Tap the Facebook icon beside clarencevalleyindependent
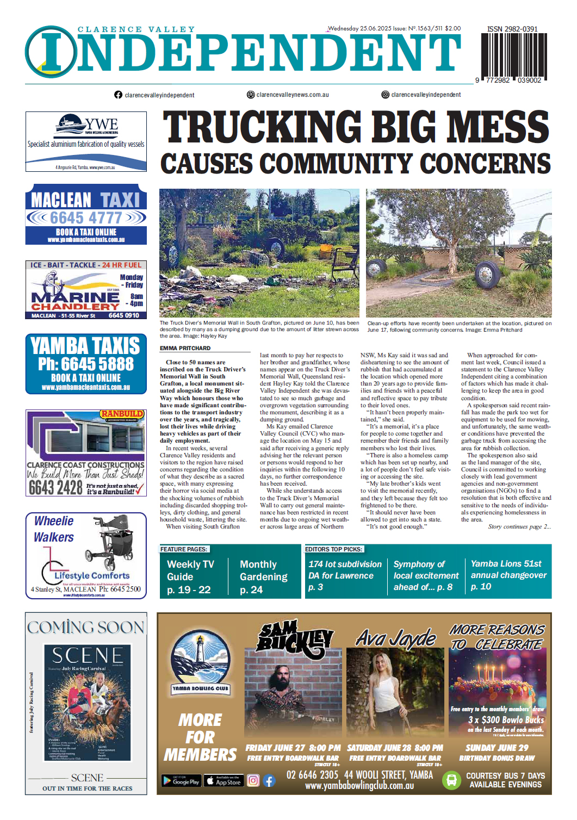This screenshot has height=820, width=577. click(118, 95)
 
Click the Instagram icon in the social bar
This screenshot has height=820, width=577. click(385, 95)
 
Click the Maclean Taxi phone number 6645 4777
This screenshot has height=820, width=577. click(86, 218)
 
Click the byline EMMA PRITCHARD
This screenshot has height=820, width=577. click(185, 348)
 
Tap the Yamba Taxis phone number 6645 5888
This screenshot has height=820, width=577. click(86, 364)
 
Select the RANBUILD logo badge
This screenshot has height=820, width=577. click(122, 414)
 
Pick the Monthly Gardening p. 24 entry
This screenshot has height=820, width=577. click(264, 577)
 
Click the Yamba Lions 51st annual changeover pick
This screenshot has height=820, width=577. click(508, 575)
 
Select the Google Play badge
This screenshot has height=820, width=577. click(181, 781)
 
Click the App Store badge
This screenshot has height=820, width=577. click(222, 781)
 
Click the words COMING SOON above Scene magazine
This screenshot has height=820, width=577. click(86, 628)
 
